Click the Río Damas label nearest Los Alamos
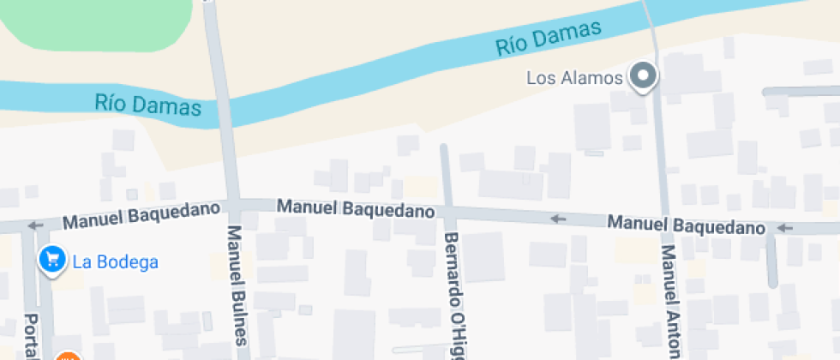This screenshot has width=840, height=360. (x=549, y=39)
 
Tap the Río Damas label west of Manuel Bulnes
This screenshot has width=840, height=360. (x=148, y=106)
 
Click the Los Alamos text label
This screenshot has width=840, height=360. (x=574, y=78)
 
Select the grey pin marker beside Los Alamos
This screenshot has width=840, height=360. (x=643, y=77)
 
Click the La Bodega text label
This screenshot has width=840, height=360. (x=116, y=261)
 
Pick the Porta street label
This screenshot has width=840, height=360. (x=33, y=334)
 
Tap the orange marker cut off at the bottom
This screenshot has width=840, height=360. (x=68, y=356)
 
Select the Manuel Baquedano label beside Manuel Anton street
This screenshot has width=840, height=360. (x=686, y=226)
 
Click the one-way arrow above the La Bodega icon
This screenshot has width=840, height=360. (x=35, y=226)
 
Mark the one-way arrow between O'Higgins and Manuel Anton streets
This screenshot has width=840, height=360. (x=558, y=219)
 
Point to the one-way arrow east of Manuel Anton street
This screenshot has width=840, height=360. (x=785, y=228)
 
